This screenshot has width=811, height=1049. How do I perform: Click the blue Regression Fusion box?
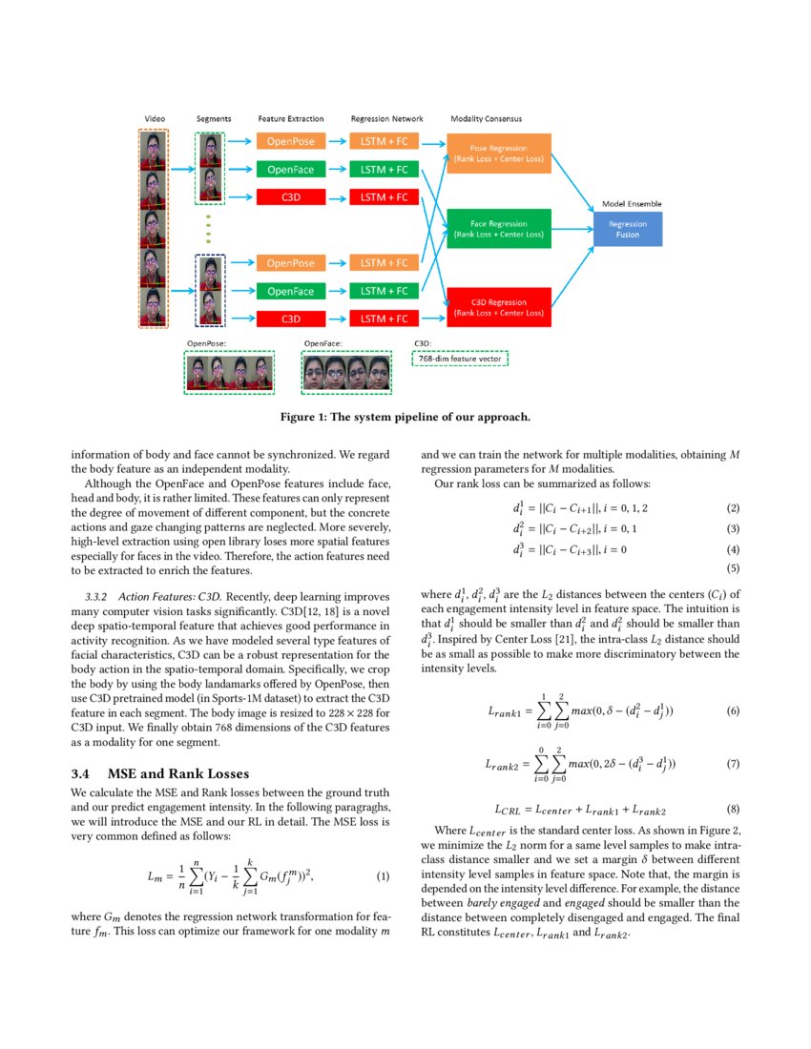pyautogui.click(x=628, y=229)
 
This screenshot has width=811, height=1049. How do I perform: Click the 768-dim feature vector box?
pyautogui.click(x=460, y=359)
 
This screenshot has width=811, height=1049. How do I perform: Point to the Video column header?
pyautogui.click(x=154, y=119)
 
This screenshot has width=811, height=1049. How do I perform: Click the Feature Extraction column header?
pyautogui.click(x=291, y=119)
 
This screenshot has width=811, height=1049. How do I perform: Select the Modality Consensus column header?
pyautogui.click(x=486, y=119)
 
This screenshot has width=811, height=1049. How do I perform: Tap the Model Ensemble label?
pyautogui.click(x=631, y=204)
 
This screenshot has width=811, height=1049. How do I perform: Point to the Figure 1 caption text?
pyautogui.click(x=405, y=417)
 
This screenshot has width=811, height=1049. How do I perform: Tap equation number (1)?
pyautogui.click(x=384, y=876)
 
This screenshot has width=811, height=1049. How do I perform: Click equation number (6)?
pyautogui.click(x=733, y=711)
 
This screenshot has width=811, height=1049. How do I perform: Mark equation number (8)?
pyautogui.click(x=733, y=809)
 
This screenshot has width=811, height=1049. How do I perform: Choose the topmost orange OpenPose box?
pyautogui.click(x=291, y=142)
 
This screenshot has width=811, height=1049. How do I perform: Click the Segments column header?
pyautogui.click(x=213, y=119)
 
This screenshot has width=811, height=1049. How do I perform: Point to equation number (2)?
pyautogui.click(x=733, y=508)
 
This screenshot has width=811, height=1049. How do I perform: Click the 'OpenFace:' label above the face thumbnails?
pyautogui.click(x=322, y=342)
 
